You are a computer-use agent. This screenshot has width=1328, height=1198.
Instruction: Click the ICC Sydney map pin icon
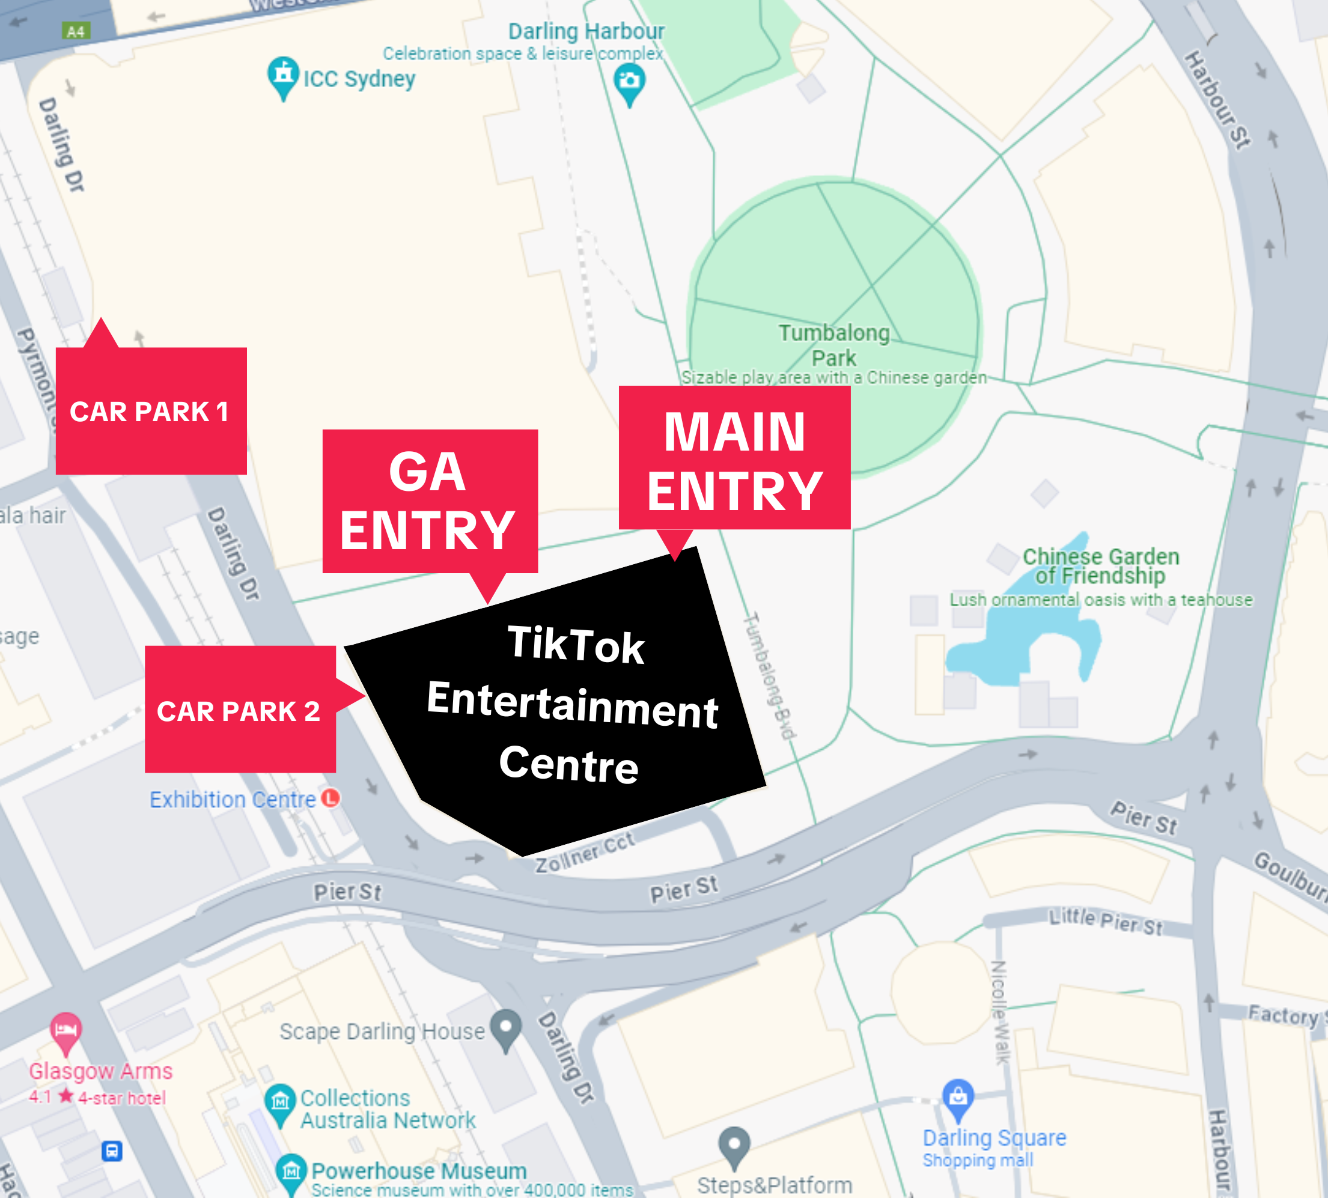pyautogui.click(x=283, y=75)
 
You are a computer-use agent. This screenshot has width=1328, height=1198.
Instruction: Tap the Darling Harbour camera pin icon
pyautogui.click(x=629, y=82)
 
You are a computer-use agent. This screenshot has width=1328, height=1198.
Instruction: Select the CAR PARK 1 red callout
pyautogui.click(x=151, y=411)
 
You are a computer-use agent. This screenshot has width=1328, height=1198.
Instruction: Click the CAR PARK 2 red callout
pyautogui.click(x=240, y=710)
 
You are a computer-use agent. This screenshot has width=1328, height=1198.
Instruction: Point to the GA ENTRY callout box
pyautogui.click(x=429, y=501)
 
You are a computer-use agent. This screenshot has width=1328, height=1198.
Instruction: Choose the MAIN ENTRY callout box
pyautogui.click(x=734, y=459)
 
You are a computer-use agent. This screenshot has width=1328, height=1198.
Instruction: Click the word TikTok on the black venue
pyautogui.click(x=576, y=644)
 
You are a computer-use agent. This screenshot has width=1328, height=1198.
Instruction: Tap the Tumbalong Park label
pyautogui.click(x=833, y=345)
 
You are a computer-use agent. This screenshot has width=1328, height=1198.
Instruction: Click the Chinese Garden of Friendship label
pyautogui.click(x=1100, y=565)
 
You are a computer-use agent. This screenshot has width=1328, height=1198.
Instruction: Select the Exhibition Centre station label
pyautogui.click(x=233, y=799)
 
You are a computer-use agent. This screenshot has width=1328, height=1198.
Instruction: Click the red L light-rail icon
pyautogui.click(x=330, y=798)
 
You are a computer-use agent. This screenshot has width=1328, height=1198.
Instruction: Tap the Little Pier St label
pyautogui.click(x=1106, y=922)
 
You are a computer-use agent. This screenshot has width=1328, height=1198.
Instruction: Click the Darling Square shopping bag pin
pyautogui.click(x=958, y=1097)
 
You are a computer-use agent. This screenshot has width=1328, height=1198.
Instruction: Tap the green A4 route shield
pyautogui.click(x=76, y=31)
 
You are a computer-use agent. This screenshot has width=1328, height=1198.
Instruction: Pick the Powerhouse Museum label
pyautogui.click(x=419, y=1170)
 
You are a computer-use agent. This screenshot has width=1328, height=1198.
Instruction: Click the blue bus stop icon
pyautogui.click(x=112, y=1151)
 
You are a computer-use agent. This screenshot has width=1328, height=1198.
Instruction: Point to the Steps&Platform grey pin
pyautogui.click(x=734, y=1145)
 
